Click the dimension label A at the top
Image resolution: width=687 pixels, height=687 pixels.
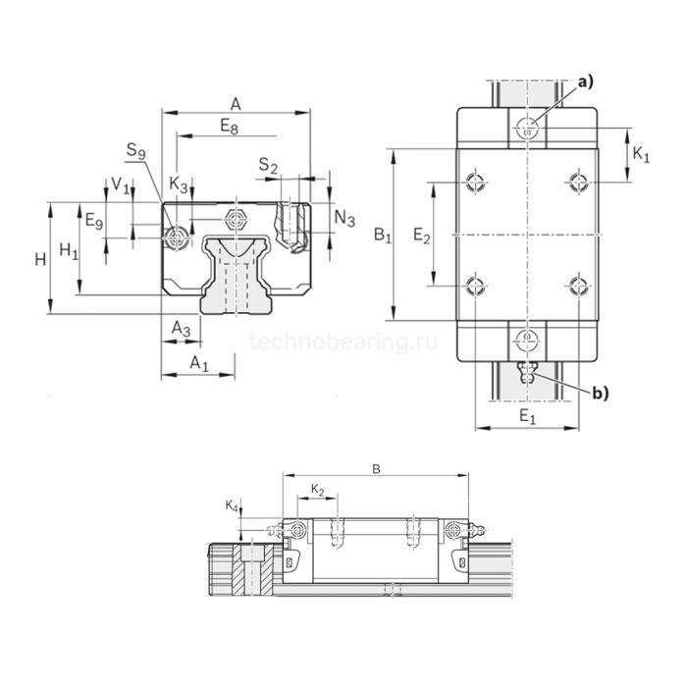click(x=236, y=103)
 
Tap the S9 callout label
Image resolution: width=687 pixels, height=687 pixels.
click(x=136, y=150)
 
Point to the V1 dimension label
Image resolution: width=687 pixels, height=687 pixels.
click(x=120, y=184)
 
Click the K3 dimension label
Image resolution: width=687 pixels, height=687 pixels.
click(x=178, y=184)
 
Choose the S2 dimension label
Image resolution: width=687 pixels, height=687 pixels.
click(x=268, y=165)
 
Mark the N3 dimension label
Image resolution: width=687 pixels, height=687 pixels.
click(x=344, y=219)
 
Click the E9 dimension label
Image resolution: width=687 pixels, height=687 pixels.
click(x=94, y=221)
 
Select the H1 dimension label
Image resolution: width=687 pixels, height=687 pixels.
click(x=68, y=250)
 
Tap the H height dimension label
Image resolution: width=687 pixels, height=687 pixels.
click(x=40, y=259)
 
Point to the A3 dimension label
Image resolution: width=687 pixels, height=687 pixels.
click(x=181, y=329)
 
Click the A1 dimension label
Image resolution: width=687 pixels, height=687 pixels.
click(x=199, y=364)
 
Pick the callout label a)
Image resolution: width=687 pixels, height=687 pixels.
click(x=585, y=82)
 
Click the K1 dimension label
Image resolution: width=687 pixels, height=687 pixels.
click(x=641, y=154)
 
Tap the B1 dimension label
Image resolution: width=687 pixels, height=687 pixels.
click(x=383, y=236)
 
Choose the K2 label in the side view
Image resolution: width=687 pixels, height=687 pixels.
click(x=318, y=489)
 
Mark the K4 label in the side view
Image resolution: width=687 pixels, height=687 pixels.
click(x=231, y=505)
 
